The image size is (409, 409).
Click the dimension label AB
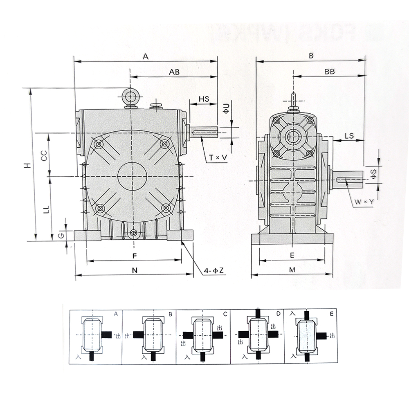click(x=174, y=72)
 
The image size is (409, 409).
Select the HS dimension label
click(x=204, y=99)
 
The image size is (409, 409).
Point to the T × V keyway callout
click(x=218, y=157)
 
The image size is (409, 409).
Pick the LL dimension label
click(x=46, y=209)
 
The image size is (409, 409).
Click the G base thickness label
click(x=61, y=236)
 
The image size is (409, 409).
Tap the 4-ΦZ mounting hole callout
click(x=213, y=270)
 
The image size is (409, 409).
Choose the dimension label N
click(x=135, y=270)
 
